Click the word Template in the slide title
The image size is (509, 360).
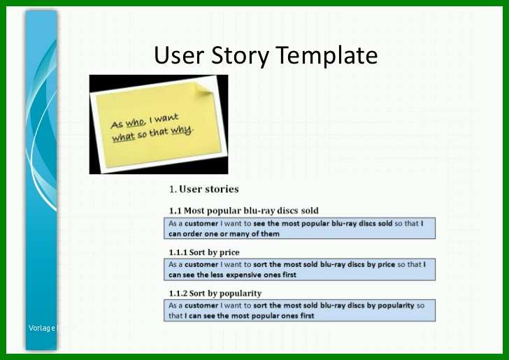click(x=327, y=56)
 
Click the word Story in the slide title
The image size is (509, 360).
click(x=240, y=56)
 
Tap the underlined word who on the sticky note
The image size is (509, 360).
click(x=136, y=123)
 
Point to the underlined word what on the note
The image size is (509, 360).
click(x=123, y=137)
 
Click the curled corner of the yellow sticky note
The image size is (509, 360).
click(x=202, y=89)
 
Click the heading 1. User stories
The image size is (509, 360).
click(x=204, y=189)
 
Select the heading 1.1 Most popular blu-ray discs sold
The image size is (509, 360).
click(x=243, y=210)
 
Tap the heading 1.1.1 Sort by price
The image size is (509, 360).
click(x=204, y=252)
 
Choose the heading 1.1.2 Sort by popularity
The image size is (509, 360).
click(x=215, y=294)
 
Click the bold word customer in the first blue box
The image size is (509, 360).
click(x=201, y=224)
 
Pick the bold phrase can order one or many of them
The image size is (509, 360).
click(x=224, y=233)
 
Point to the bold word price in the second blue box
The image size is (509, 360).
click(x=386, y=264)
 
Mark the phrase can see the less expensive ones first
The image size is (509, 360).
click(x=232, y=275)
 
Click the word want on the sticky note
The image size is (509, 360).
click(x=166, y=118)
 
